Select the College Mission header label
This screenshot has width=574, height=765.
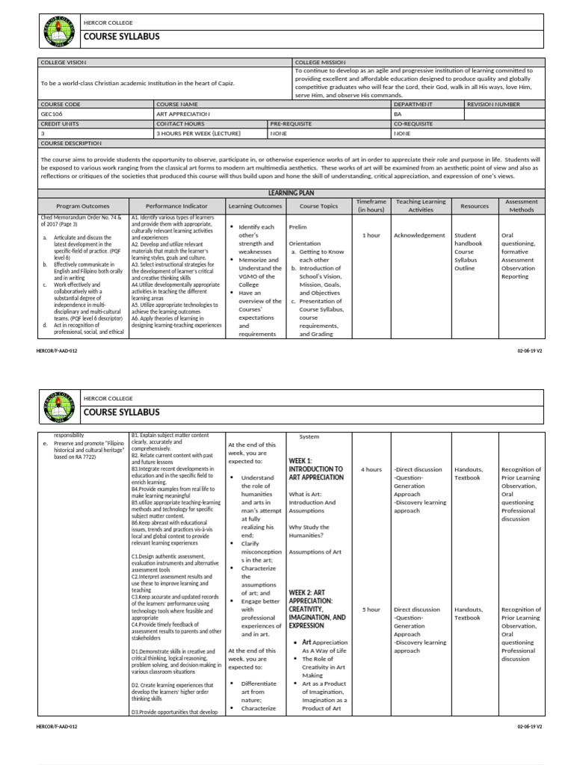tap(320, 62)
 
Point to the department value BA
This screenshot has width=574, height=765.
tap(398, 114)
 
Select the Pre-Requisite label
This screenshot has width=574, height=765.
tap(291, 123)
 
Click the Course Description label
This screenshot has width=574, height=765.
tap(71, 143)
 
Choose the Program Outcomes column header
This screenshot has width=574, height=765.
tap(83, 205)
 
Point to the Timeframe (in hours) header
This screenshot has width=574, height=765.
tap(371, 205)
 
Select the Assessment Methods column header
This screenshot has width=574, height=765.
tap(521, 205)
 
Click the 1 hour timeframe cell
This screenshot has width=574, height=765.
tap(371, 235)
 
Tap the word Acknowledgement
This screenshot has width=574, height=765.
tap(419, 235)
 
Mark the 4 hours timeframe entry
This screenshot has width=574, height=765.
tap(371, 470)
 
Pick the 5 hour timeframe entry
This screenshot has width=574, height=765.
tap(371, 610)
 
